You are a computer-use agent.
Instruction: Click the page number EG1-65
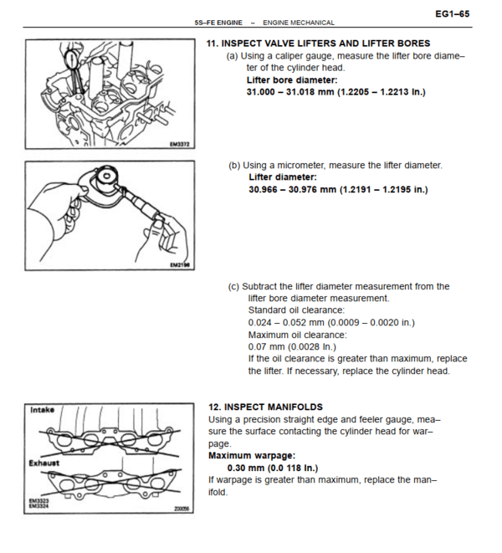(x=453, y=13)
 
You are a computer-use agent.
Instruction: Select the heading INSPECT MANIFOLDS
(x=265, y=407)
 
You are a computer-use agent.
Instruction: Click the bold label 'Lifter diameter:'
(x=283, y=177)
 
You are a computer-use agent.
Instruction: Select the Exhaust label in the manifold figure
(x=44, y=462)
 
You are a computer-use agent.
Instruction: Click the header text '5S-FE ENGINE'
(x=218, y=23)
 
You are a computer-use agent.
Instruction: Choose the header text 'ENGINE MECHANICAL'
(x=298, y=23)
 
